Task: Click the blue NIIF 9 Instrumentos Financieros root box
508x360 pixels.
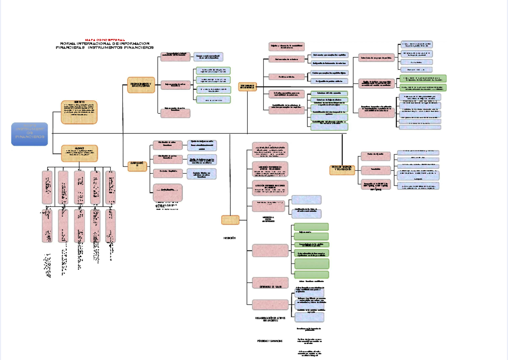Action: pos(30,134)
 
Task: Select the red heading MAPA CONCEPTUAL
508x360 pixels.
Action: pos(105,39)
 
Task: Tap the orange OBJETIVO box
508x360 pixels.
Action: pos(79,112)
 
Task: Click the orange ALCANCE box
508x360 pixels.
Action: pos(79,153)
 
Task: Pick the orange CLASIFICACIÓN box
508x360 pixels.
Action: pos(138,166)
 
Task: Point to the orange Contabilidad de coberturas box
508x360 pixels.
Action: pos(248,86)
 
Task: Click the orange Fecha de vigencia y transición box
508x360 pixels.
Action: pos(342,170)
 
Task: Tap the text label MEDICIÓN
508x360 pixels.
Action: pos(229,238)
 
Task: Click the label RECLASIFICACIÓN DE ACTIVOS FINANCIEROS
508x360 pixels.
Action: pos(270,319)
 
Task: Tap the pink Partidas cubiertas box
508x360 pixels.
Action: pos(287,77)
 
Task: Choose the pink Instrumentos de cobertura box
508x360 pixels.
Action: pos(287,59)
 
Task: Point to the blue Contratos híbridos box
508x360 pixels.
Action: pos(202,174)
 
